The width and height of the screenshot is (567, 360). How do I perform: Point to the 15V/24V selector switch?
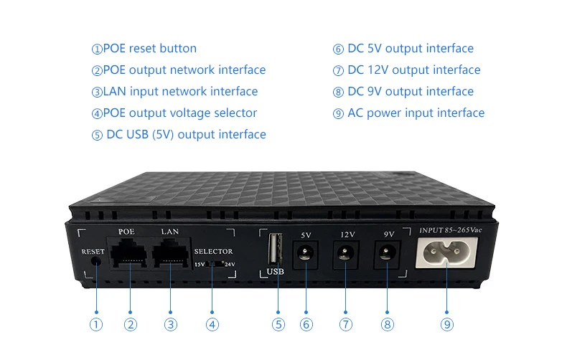(212, 264)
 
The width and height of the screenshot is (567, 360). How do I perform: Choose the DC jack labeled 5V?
(306, 253)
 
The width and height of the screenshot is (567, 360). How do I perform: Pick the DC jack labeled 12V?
(347, 253)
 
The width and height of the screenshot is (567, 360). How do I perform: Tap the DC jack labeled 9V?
(387, 253)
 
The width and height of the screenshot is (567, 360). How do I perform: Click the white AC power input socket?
(446, 252)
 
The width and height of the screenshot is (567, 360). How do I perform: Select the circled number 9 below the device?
(447, 324)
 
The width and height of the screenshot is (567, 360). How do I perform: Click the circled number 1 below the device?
(97, 324)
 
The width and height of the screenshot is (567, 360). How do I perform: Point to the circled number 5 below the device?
(278, 324)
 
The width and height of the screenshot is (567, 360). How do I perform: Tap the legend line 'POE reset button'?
(144, 49)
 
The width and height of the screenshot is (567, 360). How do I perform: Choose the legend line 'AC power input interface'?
(408, 113)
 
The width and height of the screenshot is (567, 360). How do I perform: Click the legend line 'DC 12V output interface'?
(406, 70)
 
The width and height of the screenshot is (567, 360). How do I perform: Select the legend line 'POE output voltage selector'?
(174, 113)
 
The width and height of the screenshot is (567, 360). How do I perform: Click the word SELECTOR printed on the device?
(213, 252)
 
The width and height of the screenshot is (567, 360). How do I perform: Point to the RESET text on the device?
(93, 252)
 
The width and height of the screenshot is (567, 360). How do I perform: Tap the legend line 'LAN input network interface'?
(174, 92)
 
